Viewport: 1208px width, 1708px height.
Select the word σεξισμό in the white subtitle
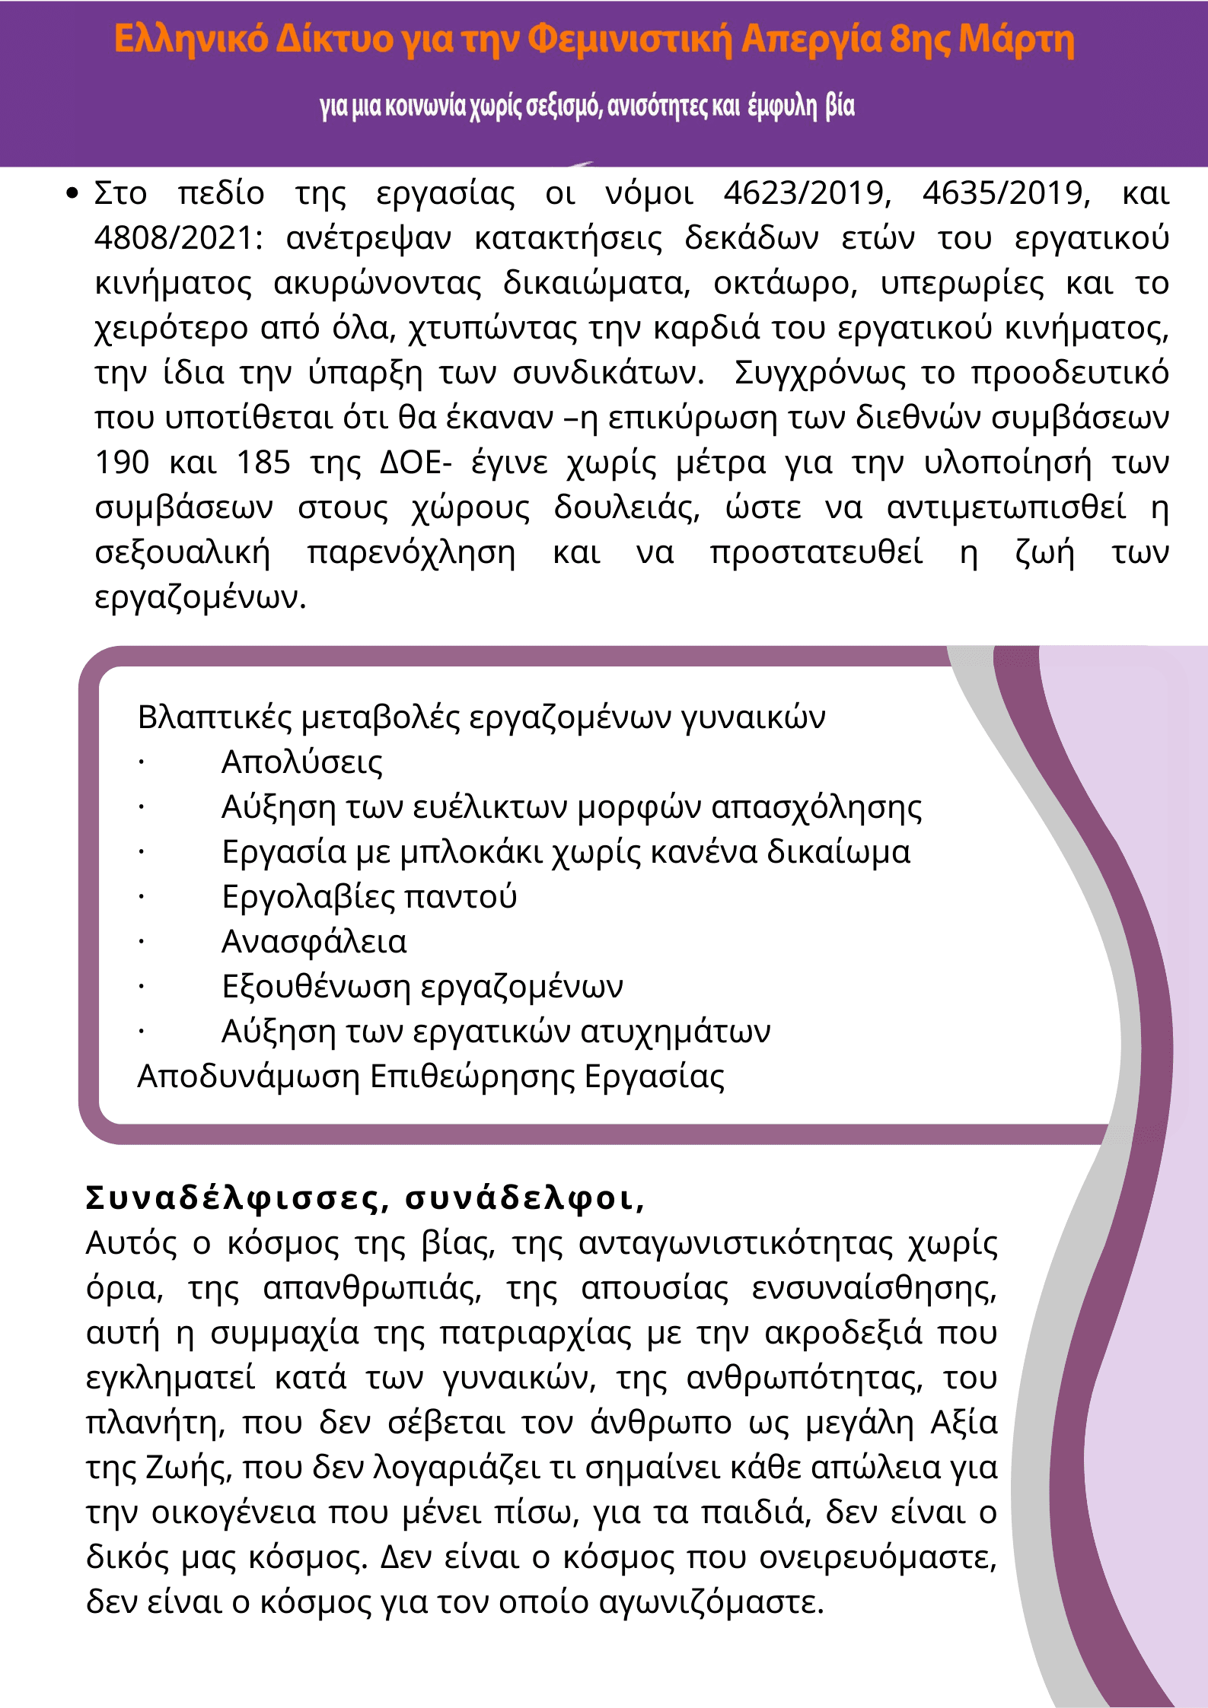click(563, 106)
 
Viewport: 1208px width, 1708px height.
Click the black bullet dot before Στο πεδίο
click(72, 193)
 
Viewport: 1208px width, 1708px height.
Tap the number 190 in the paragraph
click(122, 463)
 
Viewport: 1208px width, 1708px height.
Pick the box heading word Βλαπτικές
click(214, 717)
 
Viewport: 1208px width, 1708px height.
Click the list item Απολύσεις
click(301, 762)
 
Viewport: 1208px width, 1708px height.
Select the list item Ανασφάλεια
click(314, 941)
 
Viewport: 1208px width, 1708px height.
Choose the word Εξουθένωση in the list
click(316, 986)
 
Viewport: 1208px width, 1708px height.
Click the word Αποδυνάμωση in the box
click(248, 1076)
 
